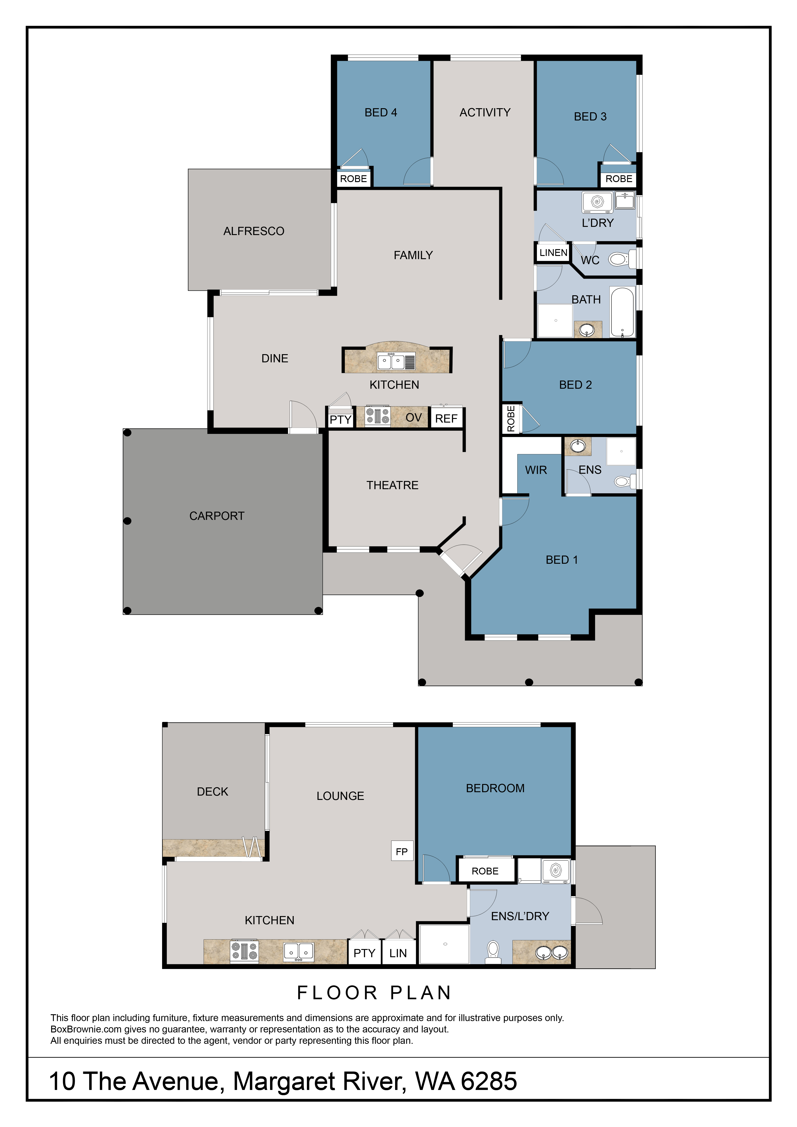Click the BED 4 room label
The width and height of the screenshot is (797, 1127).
pyautogui.click(x=381, y=113)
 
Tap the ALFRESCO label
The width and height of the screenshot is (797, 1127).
pyautogui.click(x=254, y=231)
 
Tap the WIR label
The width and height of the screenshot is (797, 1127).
pyautogui.click(x=536, y=470)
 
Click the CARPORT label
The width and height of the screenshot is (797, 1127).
pyautogui.click(x=217, y=516)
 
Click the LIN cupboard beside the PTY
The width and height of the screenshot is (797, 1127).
pyautogui.click(x=398, y=953)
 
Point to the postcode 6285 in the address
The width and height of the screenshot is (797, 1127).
pyautogui.click(x=489, y=1081)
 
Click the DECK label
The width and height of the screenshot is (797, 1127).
pyautogui.click(x=213, y=792)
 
